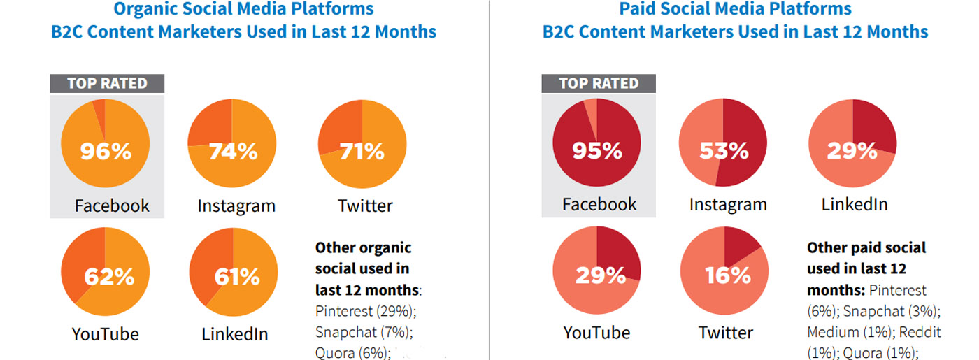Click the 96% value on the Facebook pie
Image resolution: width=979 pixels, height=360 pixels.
click(x=106, y=151)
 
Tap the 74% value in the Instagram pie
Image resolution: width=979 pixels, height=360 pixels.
click(x=233, y=151)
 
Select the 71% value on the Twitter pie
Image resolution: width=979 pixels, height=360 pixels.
click(x=362, y=151)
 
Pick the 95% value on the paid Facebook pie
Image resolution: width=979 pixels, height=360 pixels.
click(x=596, y=151)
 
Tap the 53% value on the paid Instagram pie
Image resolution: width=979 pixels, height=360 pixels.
click(x=724, y=151)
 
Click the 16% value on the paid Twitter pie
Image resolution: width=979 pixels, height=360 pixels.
click(x=727, y=275)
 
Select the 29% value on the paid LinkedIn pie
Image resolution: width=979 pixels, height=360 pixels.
click(x=852, y=151)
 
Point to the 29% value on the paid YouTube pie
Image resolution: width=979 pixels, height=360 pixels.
click(x=600, y=275)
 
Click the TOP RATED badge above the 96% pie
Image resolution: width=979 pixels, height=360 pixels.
click(x=107, y=84)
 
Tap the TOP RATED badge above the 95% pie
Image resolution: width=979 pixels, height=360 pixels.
click(x=599, y=84)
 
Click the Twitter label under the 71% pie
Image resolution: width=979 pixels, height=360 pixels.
click(x=365, y=206)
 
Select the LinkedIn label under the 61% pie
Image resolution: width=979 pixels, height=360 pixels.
click(x=235, y=333)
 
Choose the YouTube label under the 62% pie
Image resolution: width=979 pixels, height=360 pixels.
click(x=105, y=333)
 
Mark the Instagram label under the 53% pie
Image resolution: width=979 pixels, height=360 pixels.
click(x=728, y=205)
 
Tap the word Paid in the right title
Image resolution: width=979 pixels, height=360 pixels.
click(x=638, y=9)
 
